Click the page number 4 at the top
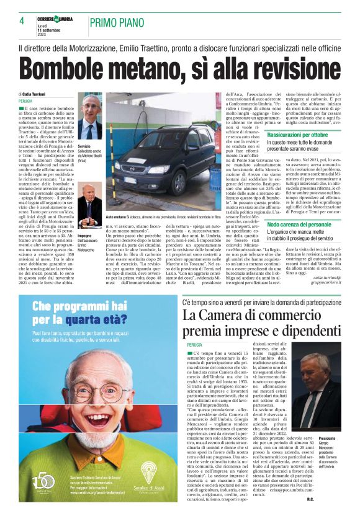point(22,21)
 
